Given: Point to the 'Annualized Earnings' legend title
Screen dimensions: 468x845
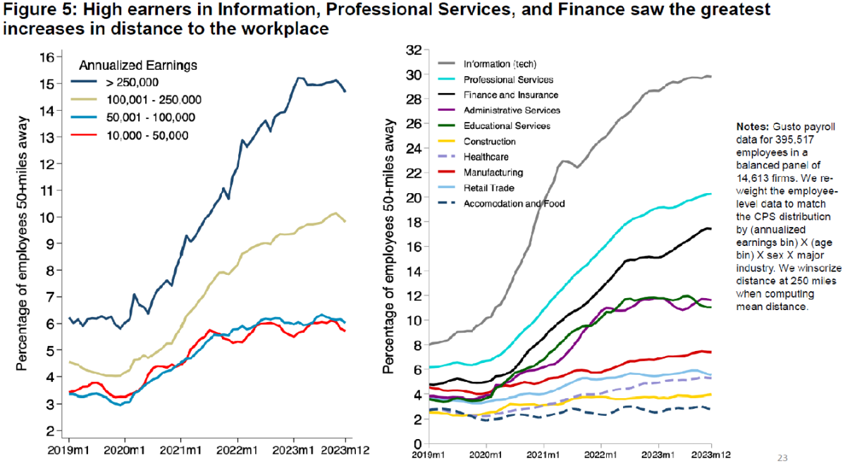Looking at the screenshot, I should tap(137, 66).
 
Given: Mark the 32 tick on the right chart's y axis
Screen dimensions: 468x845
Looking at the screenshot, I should tap(413, 50).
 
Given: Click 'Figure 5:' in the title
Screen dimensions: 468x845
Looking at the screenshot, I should tap(33, 10).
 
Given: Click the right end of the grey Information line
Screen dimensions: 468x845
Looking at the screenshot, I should tap(710, 76).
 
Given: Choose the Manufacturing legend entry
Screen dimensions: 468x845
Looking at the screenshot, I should tap(493, 172).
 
